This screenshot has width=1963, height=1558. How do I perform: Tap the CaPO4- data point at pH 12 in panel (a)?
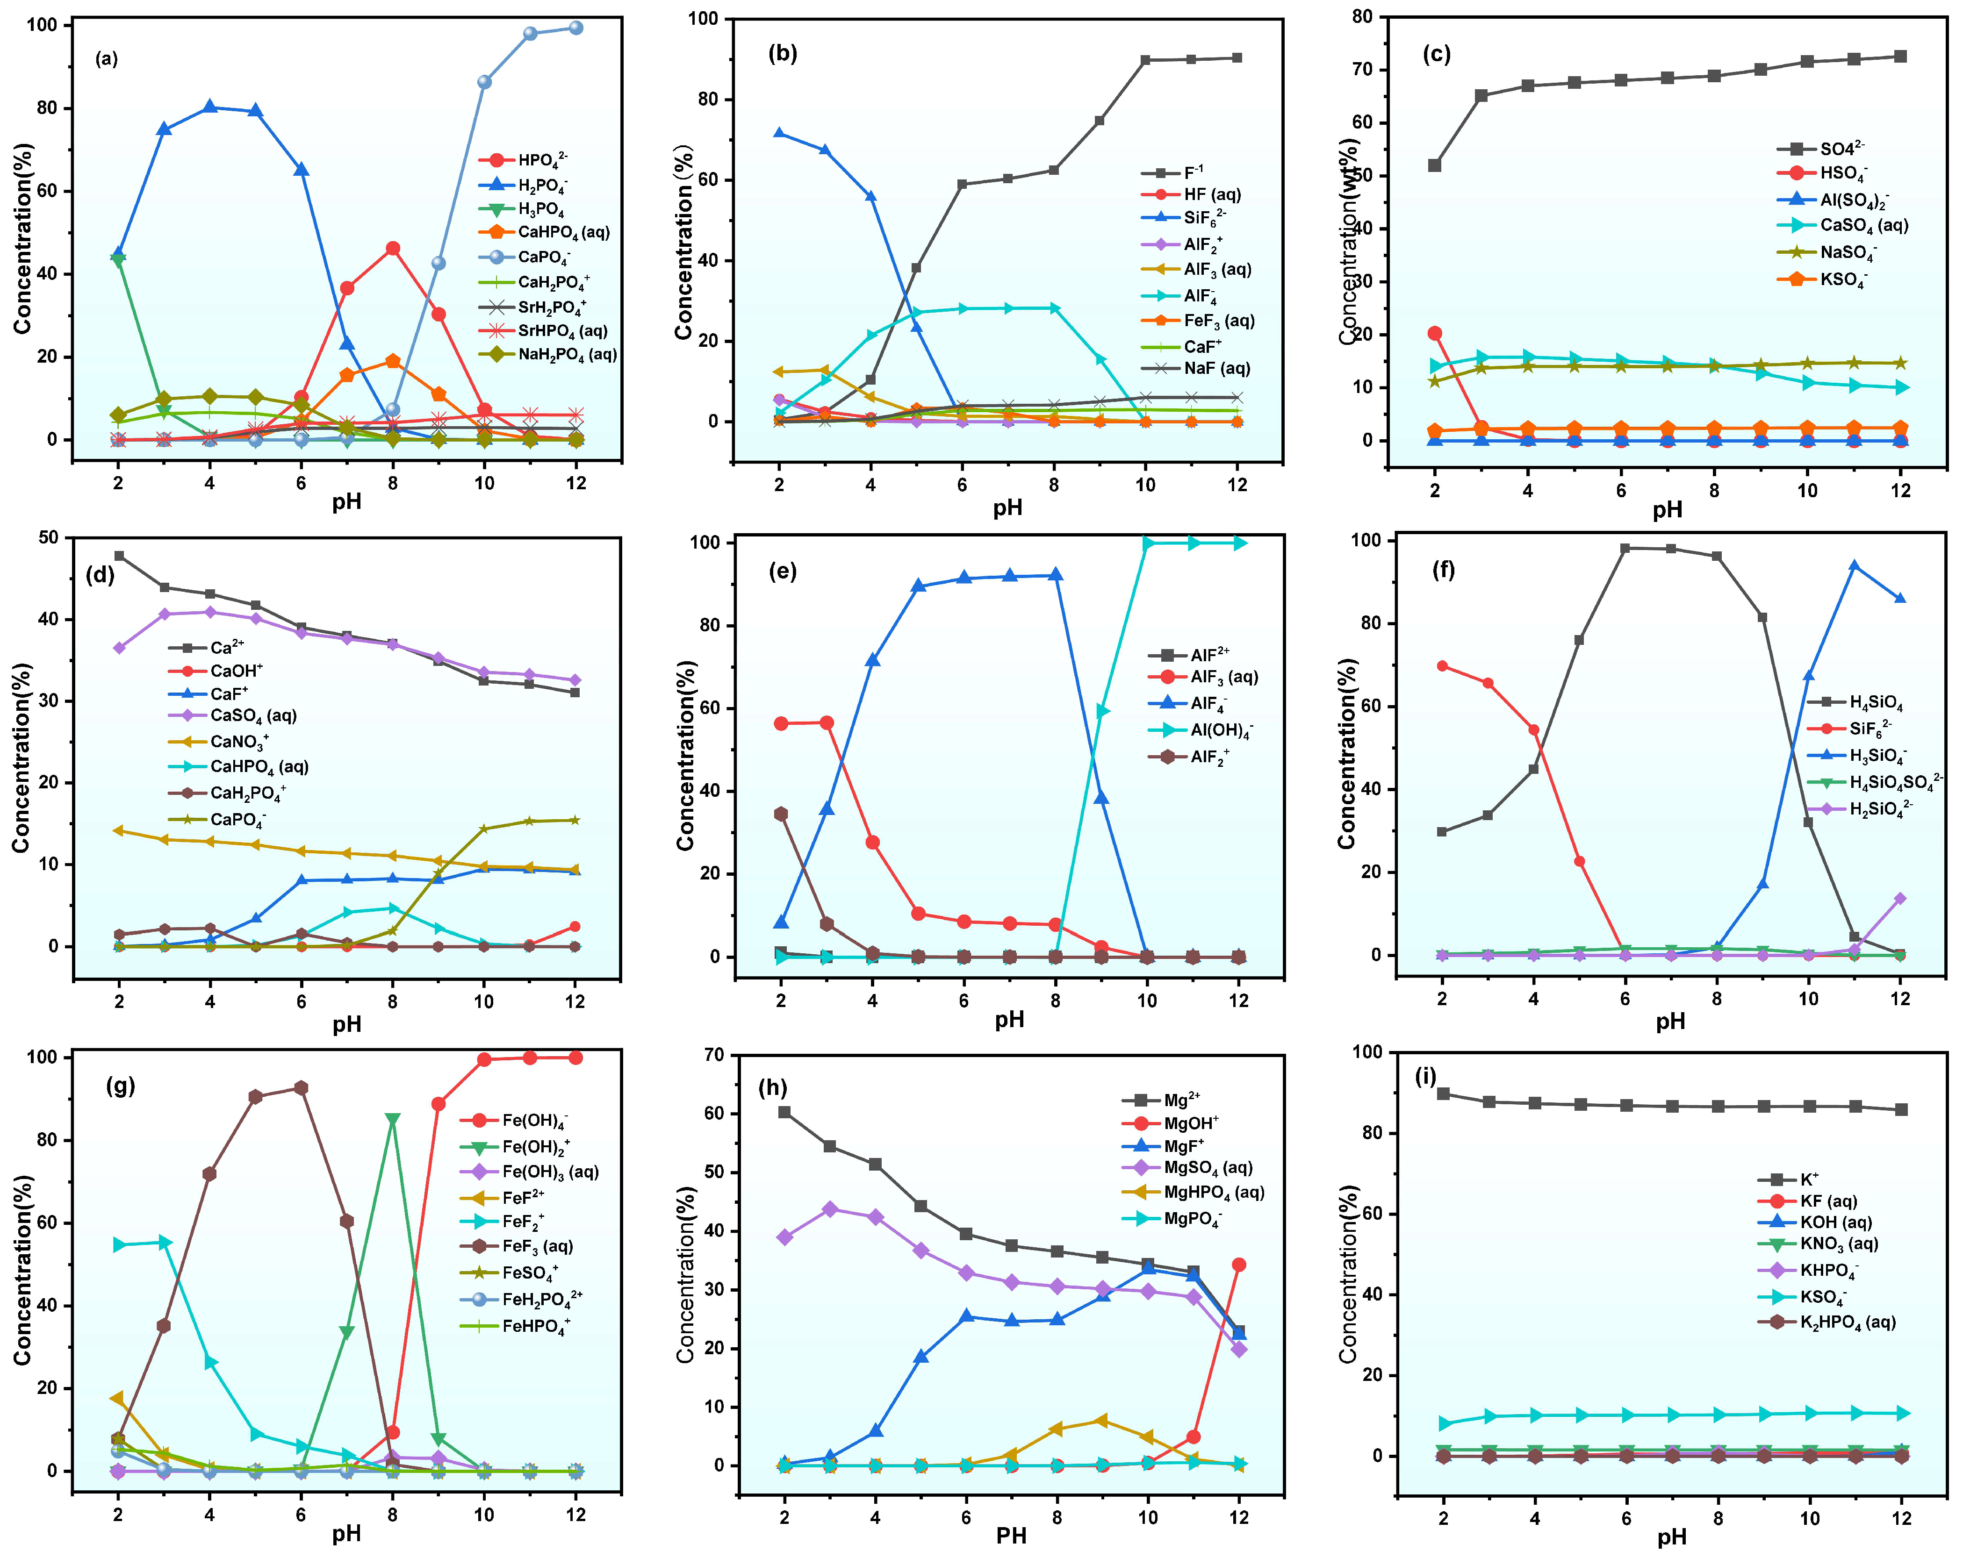tap(575, 28)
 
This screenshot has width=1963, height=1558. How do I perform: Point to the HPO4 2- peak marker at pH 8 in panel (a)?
tap(392, 249)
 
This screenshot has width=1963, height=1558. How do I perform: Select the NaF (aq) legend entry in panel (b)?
tap(1215, 369)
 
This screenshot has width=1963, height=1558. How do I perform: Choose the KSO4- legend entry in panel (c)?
tap(1842, 279)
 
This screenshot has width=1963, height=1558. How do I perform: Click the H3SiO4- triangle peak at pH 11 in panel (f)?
tap(1854, 566)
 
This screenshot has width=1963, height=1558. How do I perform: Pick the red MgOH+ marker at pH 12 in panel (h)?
tap(1239, 1265)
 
